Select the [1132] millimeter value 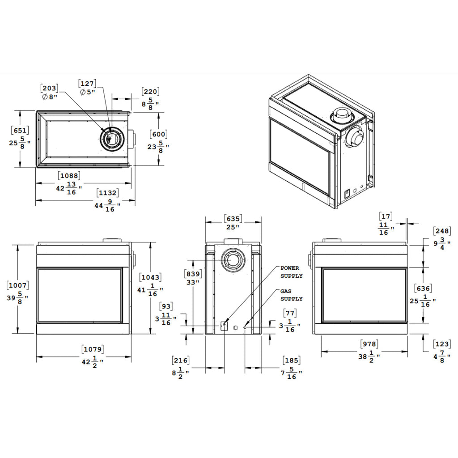[108, 193]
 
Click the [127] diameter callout [87, 83]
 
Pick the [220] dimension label [150, 92]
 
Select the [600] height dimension [159, 134]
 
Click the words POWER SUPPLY [291, 272]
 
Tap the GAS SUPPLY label [291, 295]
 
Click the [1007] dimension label [18, 285]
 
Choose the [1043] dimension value [150, 277]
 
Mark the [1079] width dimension [92, 348]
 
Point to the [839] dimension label [193, 274]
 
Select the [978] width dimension [369, 344]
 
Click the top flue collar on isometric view [343, 116]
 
